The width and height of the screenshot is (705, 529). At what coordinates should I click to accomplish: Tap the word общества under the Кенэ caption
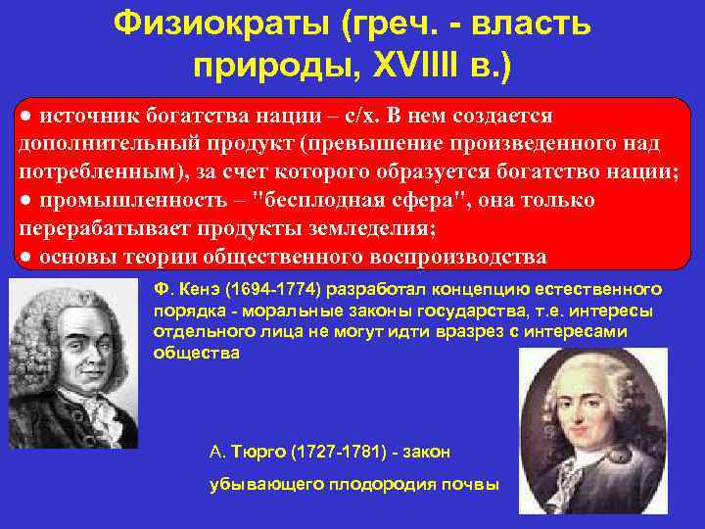coord(196,353)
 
